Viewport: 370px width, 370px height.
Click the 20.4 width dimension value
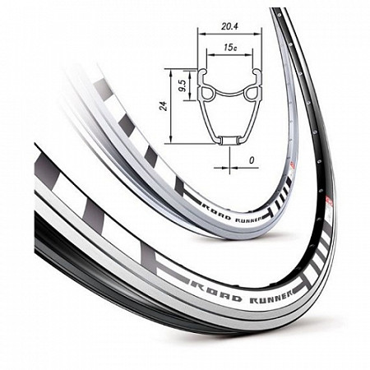[229, 26]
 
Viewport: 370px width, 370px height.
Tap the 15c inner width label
[230, 48]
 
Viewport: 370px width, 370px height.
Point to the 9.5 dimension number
[183, 86]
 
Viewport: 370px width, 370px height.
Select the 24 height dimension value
[164, 106]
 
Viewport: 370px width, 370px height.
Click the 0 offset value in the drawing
[252, 160]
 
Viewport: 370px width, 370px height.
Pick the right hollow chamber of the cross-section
[252, 93]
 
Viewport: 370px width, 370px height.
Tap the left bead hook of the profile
[202, 73]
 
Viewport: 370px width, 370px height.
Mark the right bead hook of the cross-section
[257, 73]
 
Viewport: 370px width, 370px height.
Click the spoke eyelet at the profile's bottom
[229, 140]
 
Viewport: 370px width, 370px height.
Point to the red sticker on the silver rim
[293, 165]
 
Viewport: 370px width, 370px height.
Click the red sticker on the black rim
[328, 201]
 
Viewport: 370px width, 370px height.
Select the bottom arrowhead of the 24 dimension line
[170, 140]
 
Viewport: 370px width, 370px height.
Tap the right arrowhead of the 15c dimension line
[249, 54]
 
